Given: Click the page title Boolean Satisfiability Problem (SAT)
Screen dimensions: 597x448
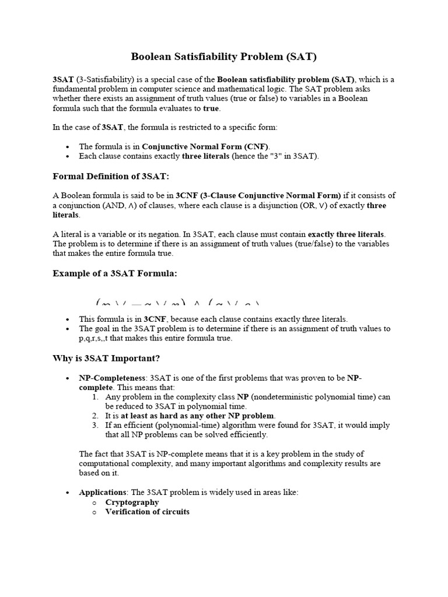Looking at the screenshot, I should pyautogui.click(x=224, y=57).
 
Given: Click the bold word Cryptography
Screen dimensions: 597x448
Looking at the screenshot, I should pyautogui.click(x=132, y=502).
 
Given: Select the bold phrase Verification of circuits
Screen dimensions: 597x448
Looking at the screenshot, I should pyautogui.click(x=147, y=512).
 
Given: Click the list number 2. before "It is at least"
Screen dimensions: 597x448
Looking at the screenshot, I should pyautogui.click(x=96, y=416).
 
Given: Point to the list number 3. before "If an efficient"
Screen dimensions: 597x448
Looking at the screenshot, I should pyautogui.click(x=96, y=425).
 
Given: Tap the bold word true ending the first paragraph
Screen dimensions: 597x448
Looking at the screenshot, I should pyautogui.click(x=211, y=108).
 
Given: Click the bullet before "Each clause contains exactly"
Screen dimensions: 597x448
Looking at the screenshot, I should pyautogui.click(x=69, y=156).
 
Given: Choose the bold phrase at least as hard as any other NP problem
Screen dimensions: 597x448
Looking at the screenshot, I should pyautogui.click(x=197, y=416).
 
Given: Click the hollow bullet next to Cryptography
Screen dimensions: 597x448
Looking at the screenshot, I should pyautogui.click(x=96, y=503).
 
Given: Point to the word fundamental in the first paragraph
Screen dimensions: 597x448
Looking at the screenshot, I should pyautogui.click(x=73, y=89).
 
